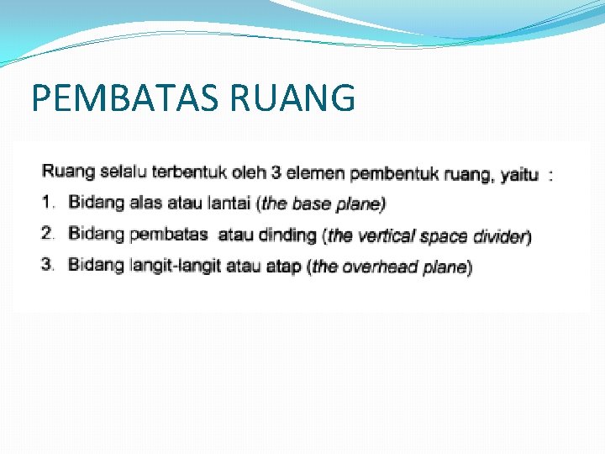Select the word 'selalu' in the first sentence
[x=123, y=173]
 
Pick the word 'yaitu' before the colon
[x=519, y=175]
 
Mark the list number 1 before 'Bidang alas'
[x=48, y=203]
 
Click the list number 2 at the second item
[x=48, y=233]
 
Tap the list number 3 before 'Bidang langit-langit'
[x=48, y=265]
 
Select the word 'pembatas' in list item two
[x=170, y=234]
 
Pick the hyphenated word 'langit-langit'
[x=173, y=266]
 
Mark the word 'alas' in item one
[x=145, y=203]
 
